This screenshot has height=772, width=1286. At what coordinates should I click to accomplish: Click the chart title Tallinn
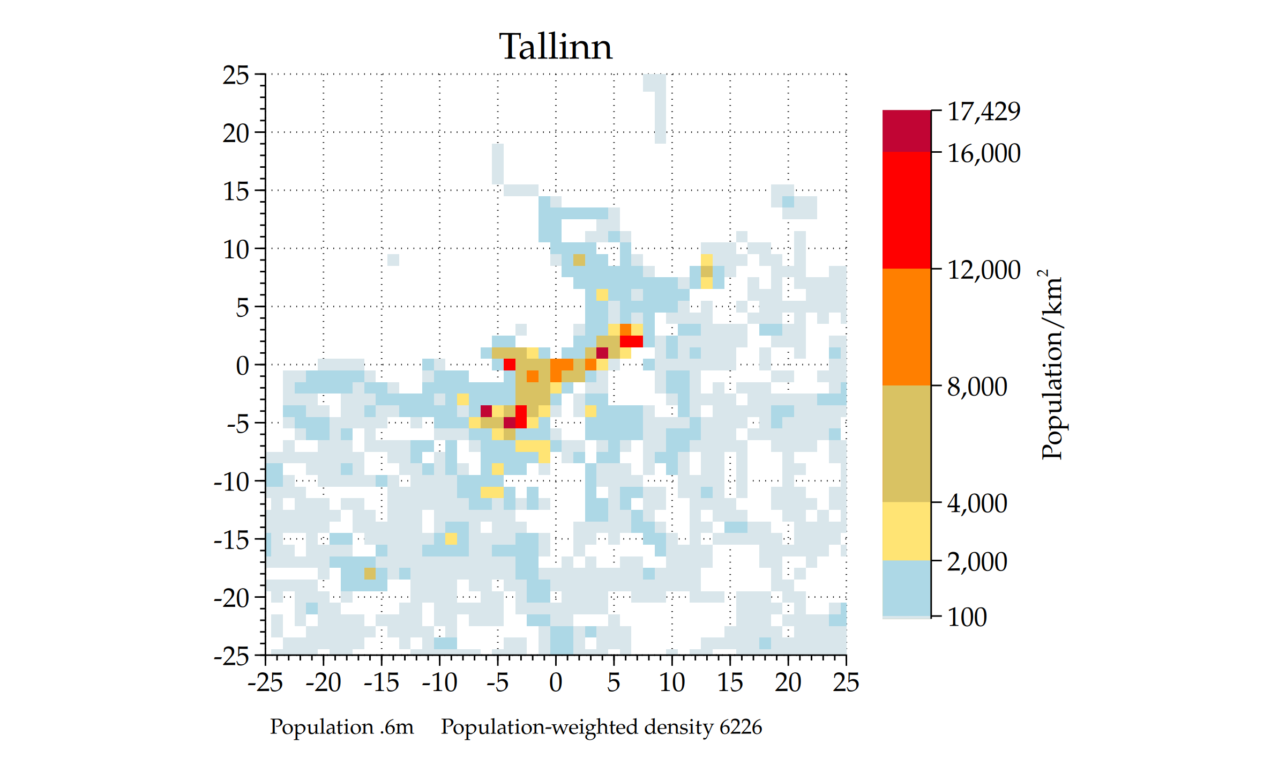coord(555,47)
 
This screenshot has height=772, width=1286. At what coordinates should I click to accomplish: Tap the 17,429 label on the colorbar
coord(984,112)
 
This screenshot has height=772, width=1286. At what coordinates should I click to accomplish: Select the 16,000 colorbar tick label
coord(984,153)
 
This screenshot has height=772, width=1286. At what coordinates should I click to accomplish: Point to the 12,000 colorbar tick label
coord(984,270)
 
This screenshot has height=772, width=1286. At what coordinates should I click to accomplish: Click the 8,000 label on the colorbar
coord(977,387)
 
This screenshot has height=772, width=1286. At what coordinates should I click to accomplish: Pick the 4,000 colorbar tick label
coord(977,503)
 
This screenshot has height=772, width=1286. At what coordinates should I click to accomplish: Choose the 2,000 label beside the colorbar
coord(977,562)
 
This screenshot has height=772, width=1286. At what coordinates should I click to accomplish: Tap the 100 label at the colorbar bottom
coord(967,617)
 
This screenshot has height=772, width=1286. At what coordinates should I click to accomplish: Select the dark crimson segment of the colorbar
coord(907,131)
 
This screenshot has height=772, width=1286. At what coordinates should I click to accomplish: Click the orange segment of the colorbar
coord(907,327)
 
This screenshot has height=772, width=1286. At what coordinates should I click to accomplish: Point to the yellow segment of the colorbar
coord(907,531)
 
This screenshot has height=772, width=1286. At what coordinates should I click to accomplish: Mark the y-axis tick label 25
coord(236,76)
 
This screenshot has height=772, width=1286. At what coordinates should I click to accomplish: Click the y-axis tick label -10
coord(231,482)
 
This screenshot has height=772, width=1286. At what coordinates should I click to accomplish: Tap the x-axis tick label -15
coord(382,682)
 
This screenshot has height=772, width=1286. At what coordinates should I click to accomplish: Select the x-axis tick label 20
coord(788,682)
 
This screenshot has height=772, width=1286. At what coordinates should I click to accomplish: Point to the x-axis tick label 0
coord(556,682)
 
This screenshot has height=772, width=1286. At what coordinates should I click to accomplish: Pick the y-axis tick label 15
coord(236,191)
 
